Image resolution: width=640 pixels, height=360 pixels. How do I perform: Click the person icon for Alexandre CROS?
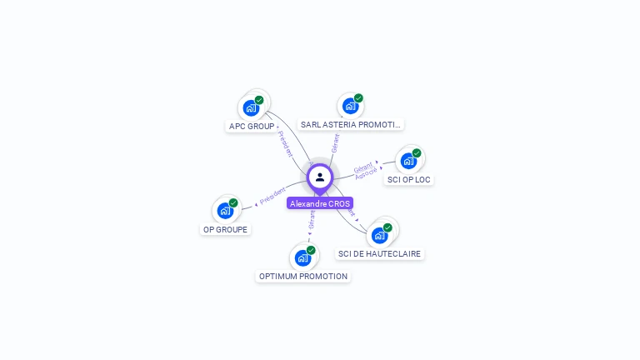[320, 177]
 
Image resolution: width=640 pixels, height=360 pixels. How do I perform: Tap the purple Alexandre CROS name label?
[320, 203]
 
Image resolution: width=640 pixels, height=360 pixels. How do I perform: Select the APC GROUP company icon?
[251, 107]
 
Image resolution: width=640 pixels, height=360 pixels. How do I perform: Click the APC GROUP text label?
[251, 127]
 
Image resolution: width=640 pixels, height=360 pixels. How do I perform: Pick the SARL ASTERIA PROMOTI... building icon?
[350, 106]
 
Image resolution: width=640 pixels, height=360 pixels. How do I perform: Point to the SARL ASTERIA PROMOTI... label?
[351, 125]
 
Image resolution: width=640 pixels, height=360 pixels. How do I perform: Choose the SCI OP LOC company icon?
[408, 161]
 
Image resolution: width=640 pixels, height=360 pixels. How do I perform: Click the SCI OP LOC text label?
[409, 180]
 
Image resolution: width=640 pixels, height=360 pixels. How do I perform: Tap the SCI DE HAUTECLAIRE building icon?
[379, 235]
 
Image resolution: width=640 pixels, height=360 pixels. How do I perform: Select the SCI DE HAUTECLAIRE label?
[380, 253]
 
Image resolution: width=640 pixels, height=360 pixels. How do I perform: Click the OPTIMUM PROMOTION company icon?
[302, 257]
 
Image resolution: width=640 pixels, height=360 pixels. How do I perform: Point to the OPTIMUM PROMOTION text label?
[303, 276]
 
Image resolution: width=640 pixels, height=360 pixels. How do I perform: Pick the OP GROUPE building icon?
[225, 211]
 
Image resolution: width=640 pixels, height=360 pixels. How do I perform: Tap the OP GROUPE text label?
[225, 229]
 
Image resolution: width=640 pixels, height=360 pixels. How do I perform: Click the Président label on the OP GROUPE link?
[272, 196]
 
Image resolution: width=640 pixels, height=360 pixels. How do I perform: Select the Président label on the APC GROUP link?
[285, 143]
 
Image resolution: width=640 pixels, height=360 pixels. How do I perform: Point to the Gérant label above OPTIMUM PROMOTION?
[312, 220]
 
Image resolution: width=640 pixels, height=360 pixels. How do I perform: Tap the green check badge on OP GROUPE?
[233, 202]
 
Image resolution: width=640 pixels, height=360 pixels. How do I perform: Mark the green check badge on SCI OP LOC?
[417, 153]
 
